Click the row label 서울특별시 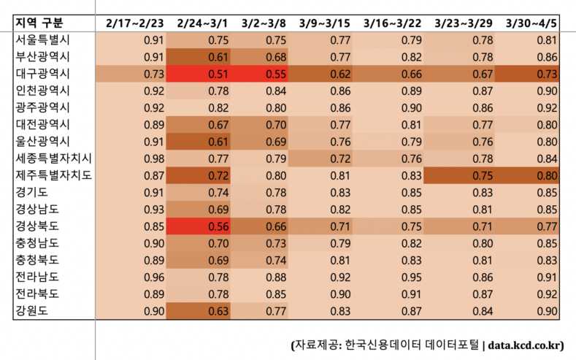(42, 40)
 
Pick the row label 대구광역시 (42, 74)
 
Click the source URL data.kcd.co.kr (526, 344)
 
